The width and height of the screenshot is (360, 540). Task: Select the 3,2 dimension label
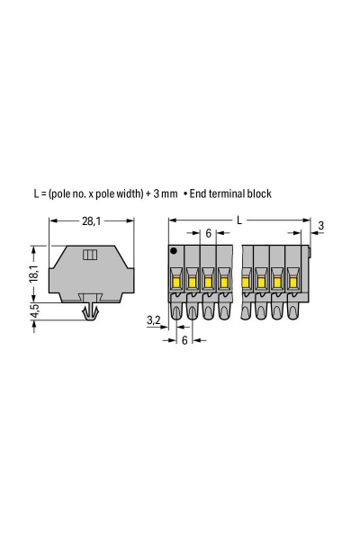[x=152, y=319]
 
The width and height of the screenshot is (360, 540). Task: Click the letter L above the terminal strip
[x=238, y=218]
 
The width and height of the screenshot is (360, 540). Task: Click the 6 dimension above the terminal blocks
[x=208, y=233]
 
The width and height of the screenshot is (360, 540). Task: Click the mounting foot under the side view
[x=91, y=311]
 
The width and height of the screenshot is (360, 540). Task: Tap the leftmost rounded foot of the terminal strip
[x=176, y=312]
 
